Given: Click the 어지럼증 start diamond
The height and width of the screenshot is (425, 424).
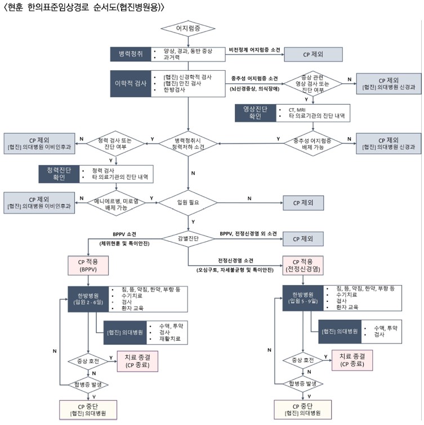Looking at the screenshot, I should [x=189, y=28].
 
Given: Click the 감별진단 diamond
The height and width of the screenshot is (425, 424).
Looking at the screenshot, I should [x=189, y=238].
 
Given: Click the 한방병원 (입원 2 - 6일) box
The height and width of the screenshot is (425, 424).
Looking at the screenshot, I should [x=88, y=298].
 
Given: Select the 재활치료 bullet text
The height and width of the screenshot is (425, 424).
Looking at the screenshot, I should [x=163, y=340].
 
